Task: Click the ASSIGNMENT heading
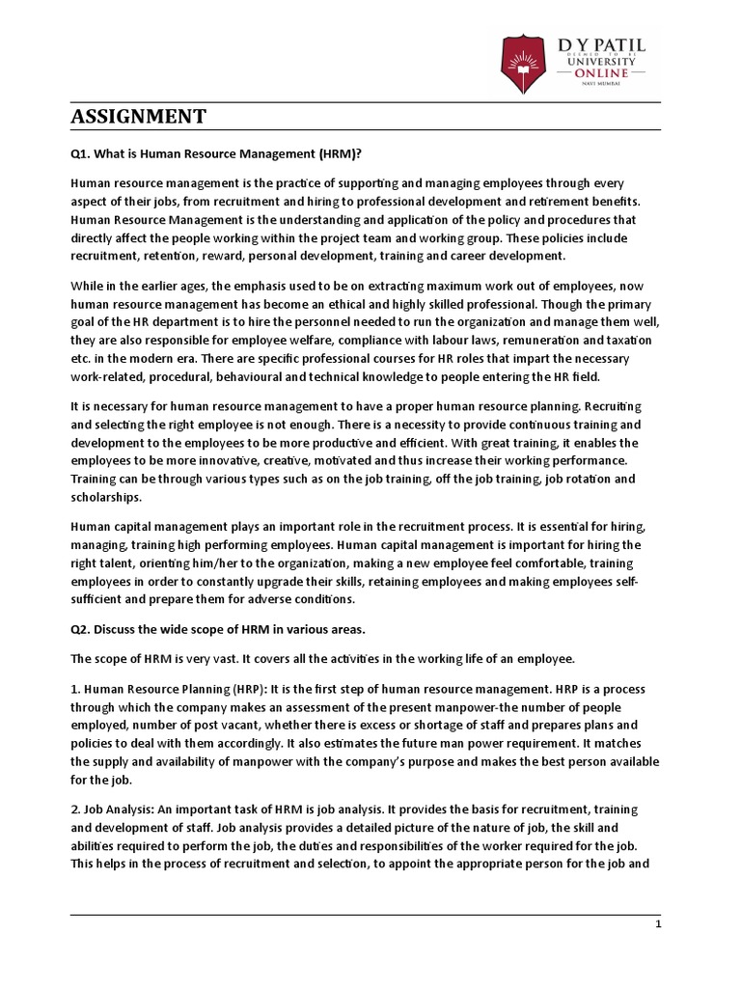[x=138, y=117]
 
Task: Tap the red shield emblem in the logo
[x=522, y=63]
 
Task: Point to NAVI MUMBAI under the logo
[x=599, y=85]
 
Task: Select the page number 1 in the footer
[x=657, y=923]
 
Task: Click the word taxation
[x=628, y=341]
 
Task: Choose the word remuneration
[x=536, y=341]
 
